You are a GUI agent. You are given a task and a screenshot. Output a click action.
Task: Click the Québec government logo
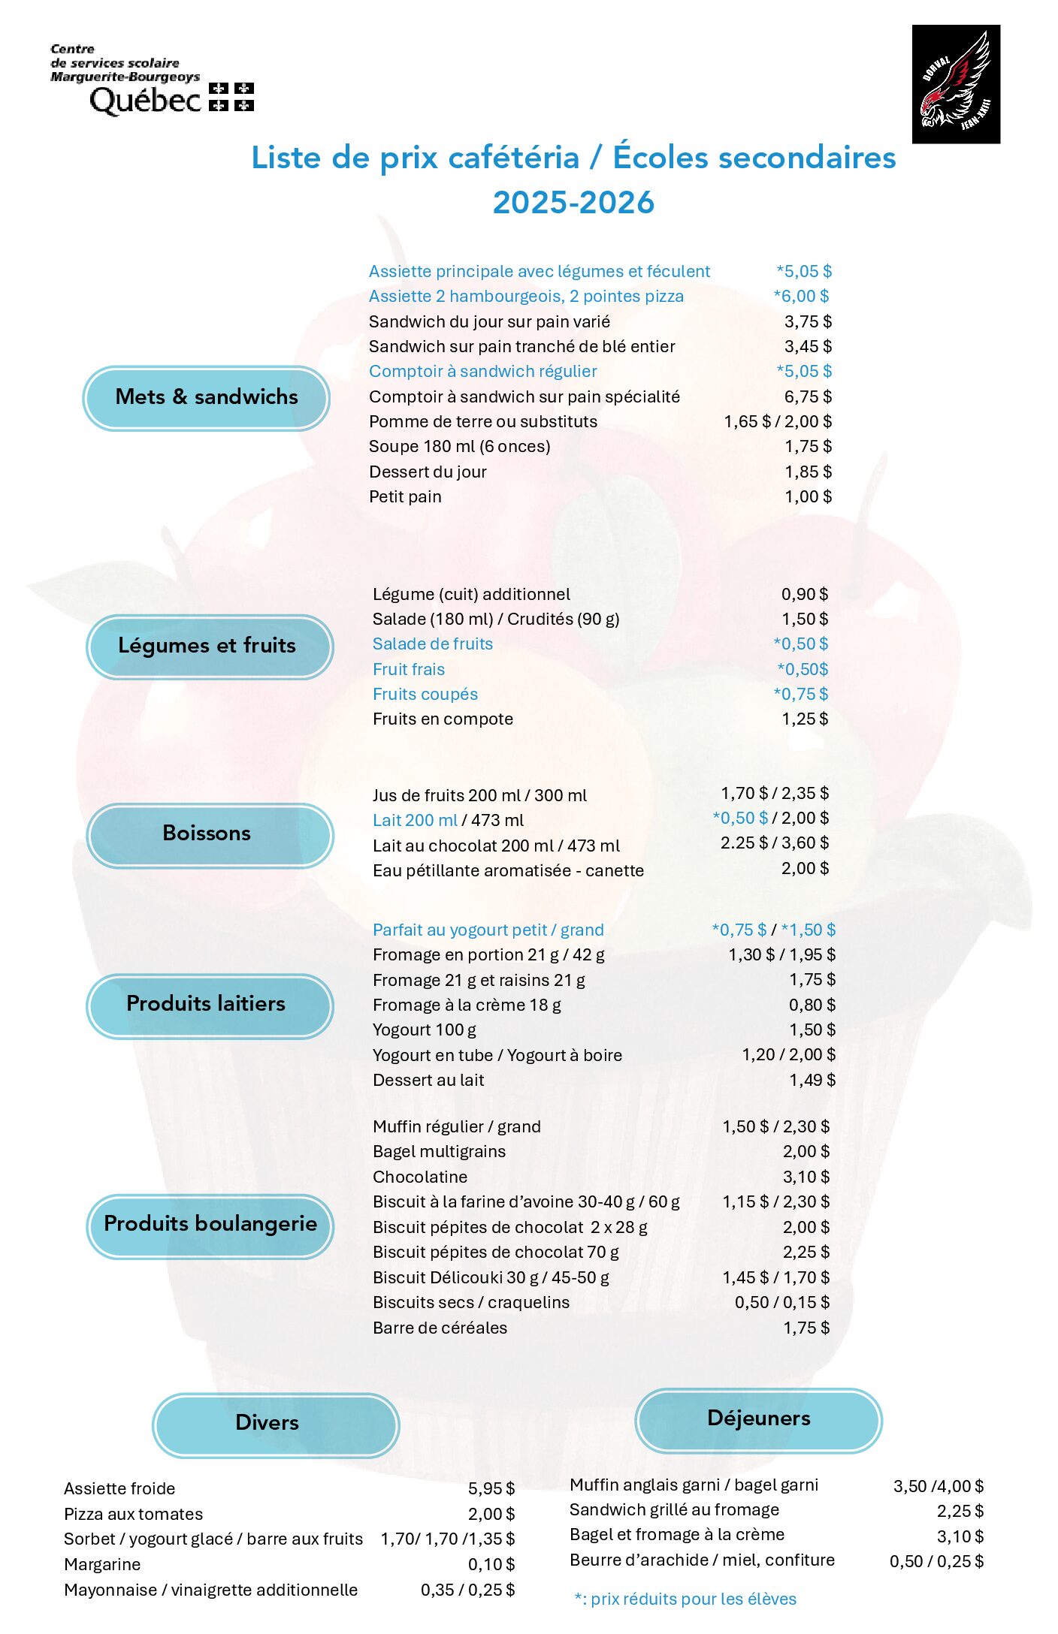click(x=152, y=81)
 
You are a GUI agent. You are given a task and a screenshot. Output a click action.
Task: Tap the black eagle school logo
click(x=955, y=84)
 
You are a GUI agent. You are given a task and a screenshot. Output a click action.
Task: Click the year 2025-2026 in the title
click(x=573, y=203)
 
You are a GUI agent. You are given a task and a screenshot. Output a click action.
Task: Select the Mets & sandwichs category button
click(x=207, y=397)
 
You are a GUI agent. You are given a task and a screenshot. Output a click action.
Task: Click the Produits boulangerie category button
click(x=210, y=1224)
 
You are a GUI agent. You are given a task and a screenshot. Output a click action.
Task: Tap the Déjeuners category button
click(x=758, y=1418)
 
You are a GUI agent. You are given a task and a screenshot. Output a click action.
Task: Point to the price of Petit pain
click(x=808, y=497)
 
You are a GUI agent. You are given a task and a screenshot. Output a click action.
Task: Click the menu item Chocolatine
click(x=420, y=1177)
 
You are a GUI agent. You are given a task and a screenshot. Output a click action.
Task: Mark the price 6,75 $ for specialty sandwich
click(x=808, y=396)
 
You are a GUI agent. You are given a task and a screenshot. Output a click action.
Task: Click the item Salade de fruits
click(x=433, y=644)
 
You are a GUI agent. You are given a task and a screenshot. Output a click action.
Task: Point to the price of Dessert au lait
click(x=812, y=1080)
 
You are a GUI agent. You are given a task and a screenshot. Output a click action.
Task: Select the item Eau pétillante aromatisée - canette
click(x=508, y=871)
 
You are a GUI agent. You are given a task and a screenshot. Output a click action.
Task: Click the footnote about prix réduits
click(x=685, y=1599)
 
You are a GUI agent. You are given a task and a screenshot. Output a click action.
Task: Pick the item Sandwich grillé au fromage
click(x=674, y=1510)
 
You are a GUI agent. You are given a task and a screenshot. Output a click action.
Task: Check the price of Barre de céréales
click(x=806, y=1328)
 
